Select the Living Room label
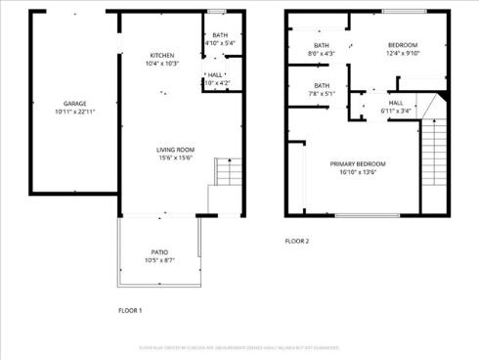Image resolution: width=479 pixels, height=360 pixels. (x=176, y=150)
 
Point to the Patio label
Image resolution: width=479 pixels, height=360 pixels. (x=158, y=252)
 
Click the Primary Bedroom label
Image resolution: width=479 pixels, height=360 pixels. (x=357, y=163)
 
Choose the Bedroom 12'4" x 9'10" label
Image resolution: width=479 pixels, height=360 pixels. (x=403, y=46)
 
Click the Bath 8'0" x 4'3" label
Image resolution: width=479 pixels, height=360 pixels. (x=322, y=46)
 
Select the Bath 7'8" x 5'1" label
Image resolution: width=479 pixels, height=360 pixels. (x=322, y=86)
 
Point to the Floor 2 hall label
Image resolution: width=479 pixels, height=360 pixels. (x=396, y=103)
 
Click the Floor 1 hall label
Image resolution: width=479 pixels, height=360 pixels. (x=215, y=74)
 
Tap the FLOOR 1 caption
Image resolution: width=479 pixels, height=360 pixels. (x=130, y=310)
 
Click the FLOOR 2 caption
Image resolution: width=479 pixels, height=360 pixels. (x=297, y=241)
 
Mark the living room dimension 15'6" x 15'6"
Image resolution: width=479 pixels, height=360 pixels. (x=176, y=158)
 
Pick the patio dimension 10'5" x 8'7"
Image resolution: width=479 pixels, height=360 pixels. (x=158, y=260)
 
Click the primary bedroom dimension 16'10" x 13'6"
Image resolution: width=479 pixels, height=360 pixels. (x=357, y=172)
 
